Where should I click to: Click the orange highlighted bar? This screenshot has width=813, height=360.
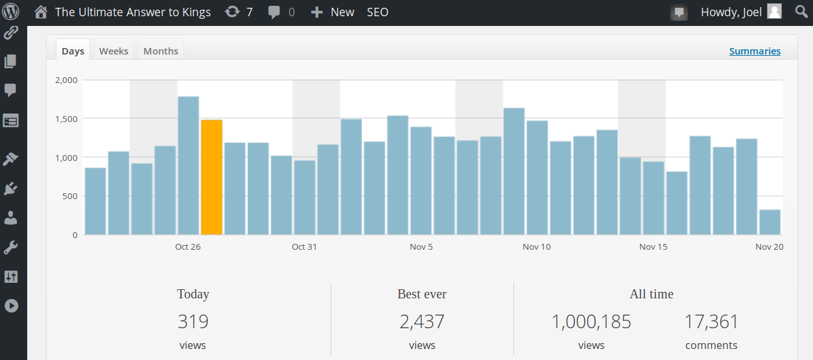point(211,177)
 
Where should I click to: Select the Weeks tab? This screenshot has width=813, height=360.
point(113,51)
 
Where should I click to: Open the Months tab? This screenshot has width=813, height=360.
point(161,51)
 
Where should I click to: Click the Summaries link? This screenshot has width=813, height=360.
point(755,51)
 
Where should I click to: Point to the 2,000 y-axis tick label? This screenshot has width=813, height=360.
point(66,80)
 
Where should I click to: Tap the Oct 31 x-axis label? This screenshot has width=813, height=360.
point(304,246)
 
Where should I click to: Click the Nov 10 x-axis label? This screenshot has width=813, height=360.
point(536,246)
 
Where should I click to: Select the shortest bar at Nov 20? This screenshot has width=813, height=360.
point(770,222)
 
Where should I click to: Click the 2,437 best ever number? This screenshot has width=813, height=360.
point(422,321)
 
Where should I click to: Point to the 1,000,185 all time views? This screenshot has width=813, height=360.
point(591,321)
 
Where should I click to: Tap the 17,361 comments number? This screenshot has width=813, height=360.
point(711,321)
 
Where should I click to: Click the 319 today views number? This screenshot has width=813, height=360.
point(193,321)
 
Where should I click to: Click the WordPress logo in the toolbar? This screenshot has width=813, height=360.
point(11,12)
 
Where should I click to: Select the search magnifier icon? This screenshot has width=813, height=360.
point(801,12)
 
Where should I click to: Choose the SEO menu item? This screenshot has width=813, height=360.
point(377,12)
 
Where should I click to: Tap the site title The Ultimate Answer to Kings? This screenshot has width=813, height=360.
point(132,12)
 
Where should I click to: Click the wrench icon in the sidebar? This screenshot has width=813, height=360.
point(11,247)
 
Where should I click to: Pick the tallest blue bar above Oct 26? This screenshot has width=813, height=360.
point(188,165)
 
